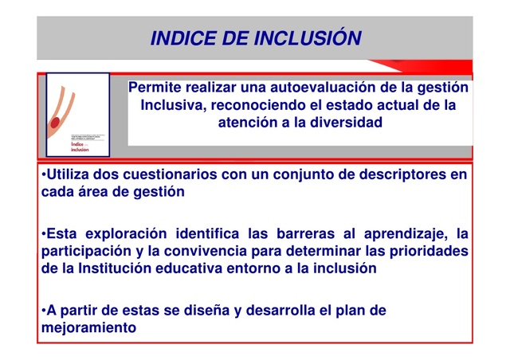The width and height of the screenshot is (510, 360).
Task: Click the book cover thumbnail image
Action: coord(77,115)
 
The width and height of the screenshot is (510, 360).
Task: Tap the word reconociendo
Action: coord(271,104)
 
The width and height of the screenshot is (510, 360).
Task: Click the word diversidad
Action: coord(344,123)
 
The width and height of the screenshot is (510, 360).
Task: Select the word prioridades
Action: coord(426,251)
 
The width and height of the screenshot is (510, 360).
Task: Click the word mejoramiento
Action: coord(88,327)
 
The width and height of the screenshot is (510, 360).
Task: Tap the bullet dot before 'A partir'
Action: coord(41,310)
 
